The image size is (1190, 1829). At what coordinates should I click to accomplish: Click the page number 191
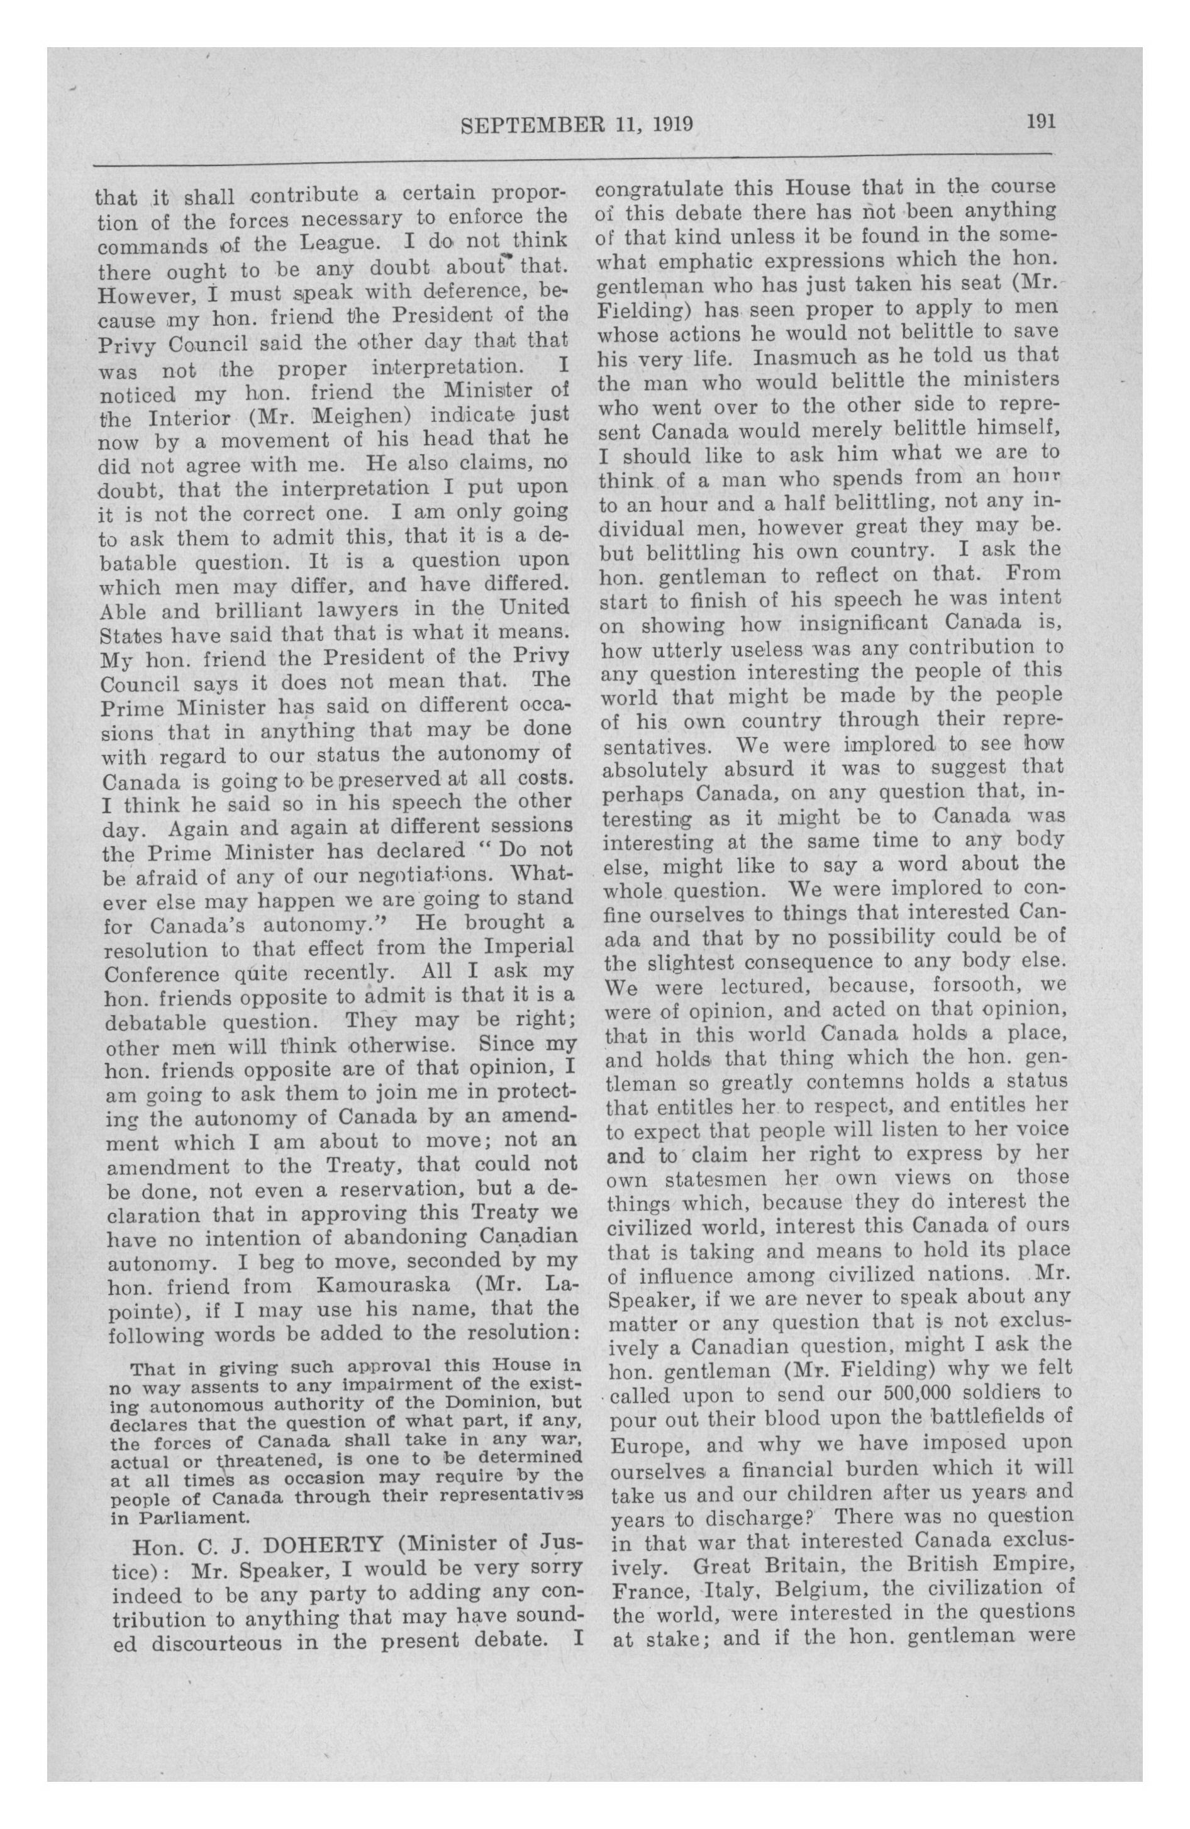1041,121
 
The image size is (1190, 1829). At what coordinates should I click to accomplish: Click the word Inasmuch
808,357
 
